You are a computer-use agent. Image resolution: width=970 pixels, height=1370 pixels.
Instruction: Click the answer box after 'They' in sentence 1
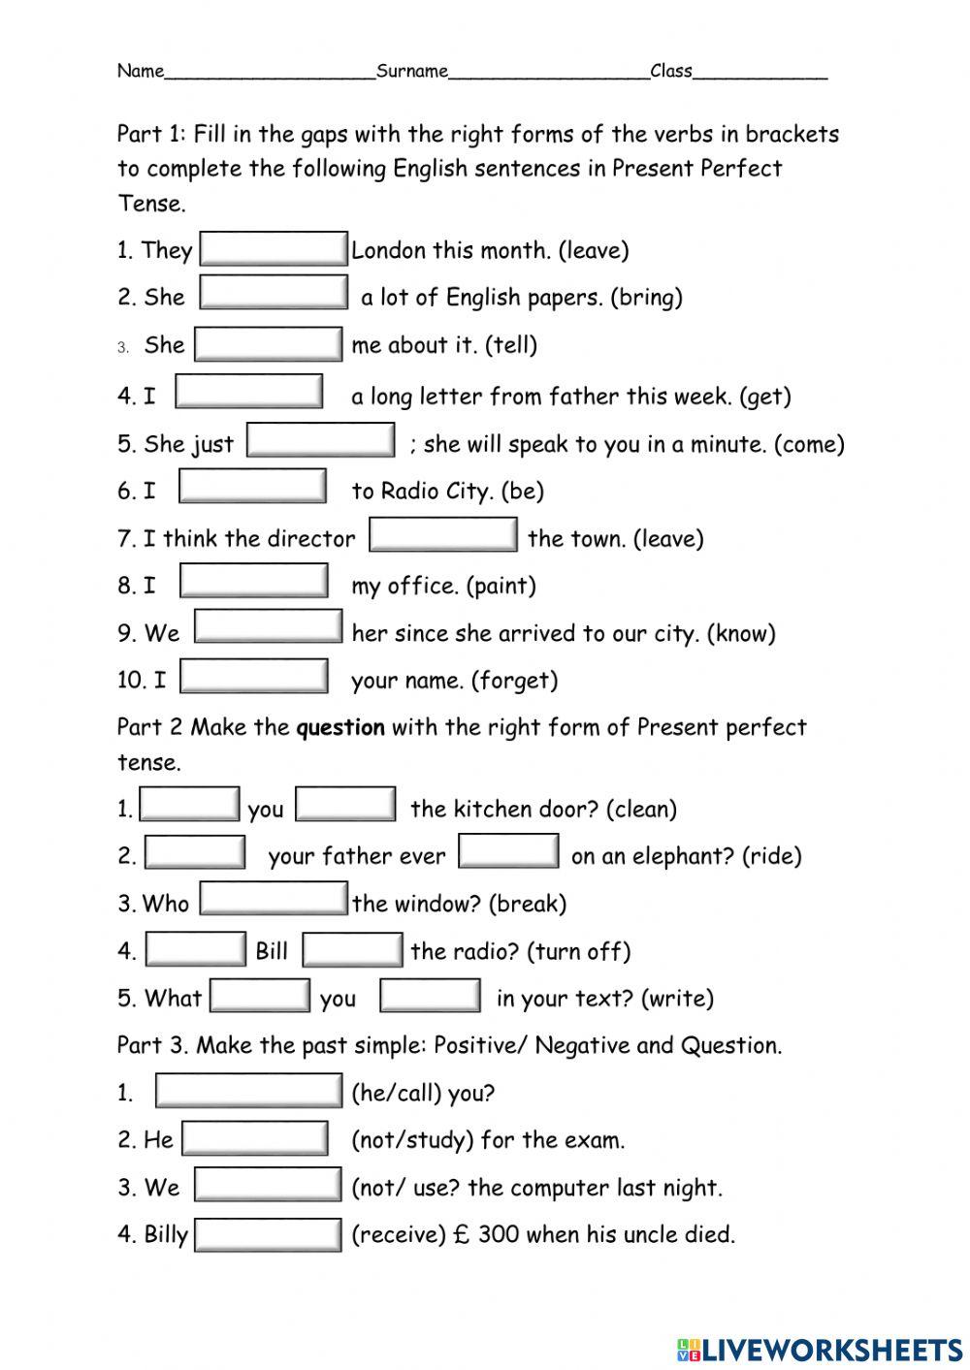[x=273, y=248]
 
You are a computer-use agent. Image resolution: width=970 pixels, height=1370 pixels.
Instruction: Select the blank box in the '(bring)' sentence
[x=273, y=293]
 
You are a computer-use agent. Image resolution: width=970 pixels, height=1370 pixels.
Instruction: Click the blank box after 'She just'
[x=321, y=440]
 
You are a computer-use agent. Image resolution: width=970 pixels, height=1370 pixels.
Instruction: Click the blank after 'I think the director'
[x=443, y=535]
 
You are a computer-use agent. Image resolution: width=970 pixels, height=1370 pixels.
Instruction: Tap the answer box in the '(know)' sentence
[x=268, y=627]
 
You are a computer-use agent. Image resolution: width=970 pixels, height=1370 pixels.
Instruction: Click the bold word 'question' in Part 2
[x=340, y=727]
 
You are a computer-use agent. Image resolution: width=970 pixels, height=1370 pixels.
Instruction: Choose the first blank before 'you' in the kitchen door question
[x=190, y=805]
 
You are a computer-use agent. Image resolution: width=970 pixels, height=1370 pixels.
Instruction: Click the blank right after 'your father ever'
[x=508, y=852]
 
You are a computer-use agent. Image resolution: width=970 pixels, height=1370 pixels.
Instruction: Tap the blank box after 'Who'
[x=273, y=899]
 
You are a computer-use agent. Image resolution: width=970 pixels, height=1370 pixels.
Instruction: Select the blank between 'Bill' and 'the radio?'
[x=352, y=950]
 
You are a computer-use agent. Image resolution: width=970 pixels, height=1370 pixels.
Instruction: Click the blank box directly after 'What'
[x=260, y=996]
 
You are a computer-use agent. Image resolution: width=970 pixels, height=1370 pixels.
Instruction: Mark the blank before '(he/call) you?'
[x=248, y=1091]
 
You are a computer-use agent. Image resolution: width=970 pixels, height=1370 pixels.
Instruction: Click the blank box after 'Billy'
[x=268, y=1235]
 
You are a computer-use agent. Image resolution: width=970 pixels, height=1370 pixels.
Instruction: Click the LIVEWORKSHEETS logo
[x=820, y=1349]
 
